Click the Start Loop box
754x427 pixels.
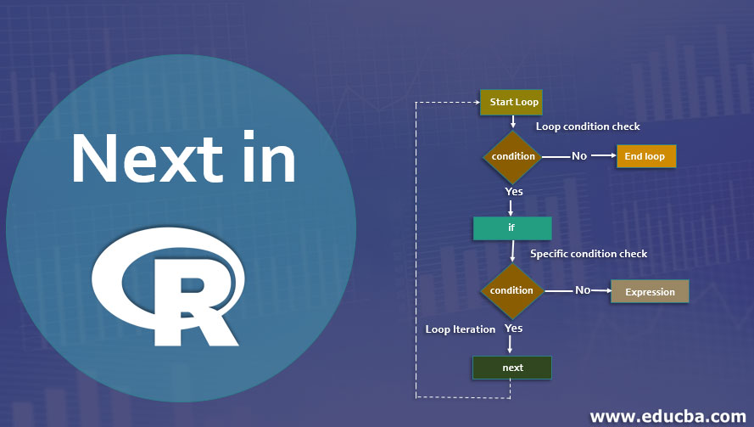click(513, 102)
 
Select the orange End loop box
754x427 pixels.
click(645, 156)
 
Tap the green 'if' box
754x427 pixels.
click(512, 228)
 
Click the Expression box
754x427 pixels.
click(650, 292)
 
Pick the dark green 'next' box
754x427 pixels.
click(512, 368)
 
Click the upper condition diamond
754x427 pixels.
click(513, 156)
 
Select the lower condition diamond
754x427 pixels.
click(511, 290)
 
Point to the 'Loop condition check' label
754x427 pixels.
click(588, 126)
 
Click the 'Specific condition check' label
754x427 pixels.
click(589, 254)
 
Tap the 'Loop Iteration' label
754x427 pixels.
click(461, 329)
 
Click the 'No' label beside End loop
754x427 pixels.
click(579, 156)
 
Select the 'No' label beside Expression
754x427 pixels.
click(583, 290)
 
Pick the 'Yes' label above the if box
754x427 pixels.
click(514, 191)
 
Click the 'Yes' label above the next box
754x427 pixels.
click(513, 328)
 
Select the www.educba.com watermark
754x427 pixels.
click(667, 416)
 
